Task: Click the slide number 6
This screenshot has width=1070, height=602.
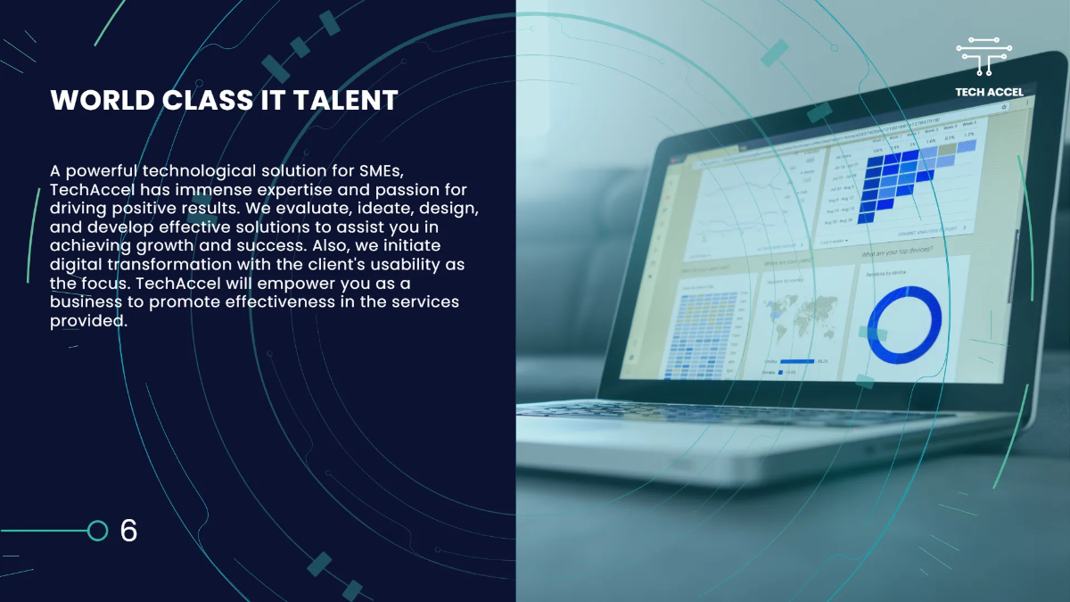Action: tap(128, 531)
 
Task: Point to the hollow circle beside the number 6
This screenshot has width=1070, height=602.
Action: tap(98, 531)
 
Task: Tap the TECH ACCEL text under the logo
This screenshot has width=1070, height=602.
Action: tap(988, 92)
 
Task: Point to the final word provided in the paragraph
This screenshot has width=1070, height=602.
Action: tap(88, 322)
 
